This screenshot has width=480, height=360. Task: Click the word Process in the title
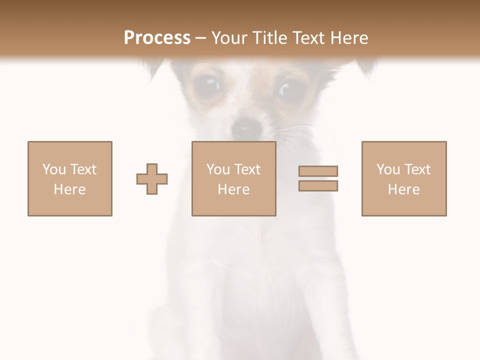click(157, 38)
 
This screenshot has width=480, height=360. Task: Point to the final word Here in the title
click(348, 38)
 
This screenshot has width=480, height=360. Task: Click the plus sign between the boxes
click(152, 178)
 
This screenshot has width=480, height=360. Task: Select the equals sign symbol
click(318, 178)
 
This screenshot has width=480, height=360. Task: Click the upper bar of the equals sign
click(318, 171)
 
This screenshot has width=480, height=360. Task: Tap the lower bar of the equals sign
click(318, 186)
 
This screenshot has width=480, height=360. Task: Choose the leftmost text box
click(70, 178)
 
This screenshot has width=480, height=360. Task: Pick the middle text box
click(233, 178)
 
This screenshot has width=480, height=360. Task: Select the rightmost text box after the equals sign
click(404, 178)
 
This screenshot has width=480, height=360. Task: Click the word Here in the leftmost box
click(70, 189)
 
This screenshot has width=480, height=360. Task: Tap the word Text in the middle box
click(247, 169)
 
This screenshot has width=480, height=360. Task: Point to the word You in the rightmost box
click(388, 169)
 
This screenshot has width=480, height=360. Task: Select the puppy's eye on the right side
click(290, 89)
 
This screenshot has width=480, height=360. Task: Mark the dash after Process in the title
click(201, 38)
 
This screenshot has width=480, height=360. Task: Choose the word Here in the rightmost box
click(404, 189)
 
